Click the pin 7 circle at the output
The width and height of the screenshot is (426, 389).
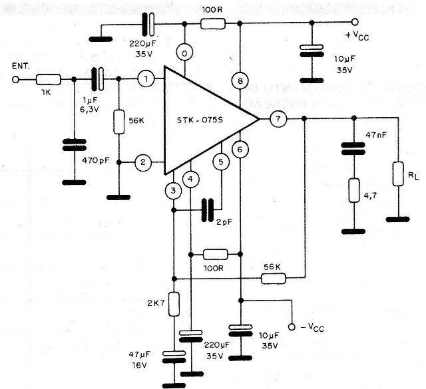point(278,120)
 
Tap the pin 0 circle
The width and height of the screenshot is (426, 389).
point(186,52)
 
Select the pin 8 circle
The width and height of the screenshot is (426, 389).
point(240,80)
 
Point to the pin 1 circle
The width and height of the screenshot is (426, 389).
point(146,80)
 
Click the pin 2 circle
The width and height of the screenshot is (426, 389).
point(141,162)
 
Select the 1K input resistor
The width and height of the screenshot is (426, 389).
point(50,80)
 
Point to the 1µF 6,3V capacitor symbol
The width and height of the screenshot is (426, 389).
point(97,80)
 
